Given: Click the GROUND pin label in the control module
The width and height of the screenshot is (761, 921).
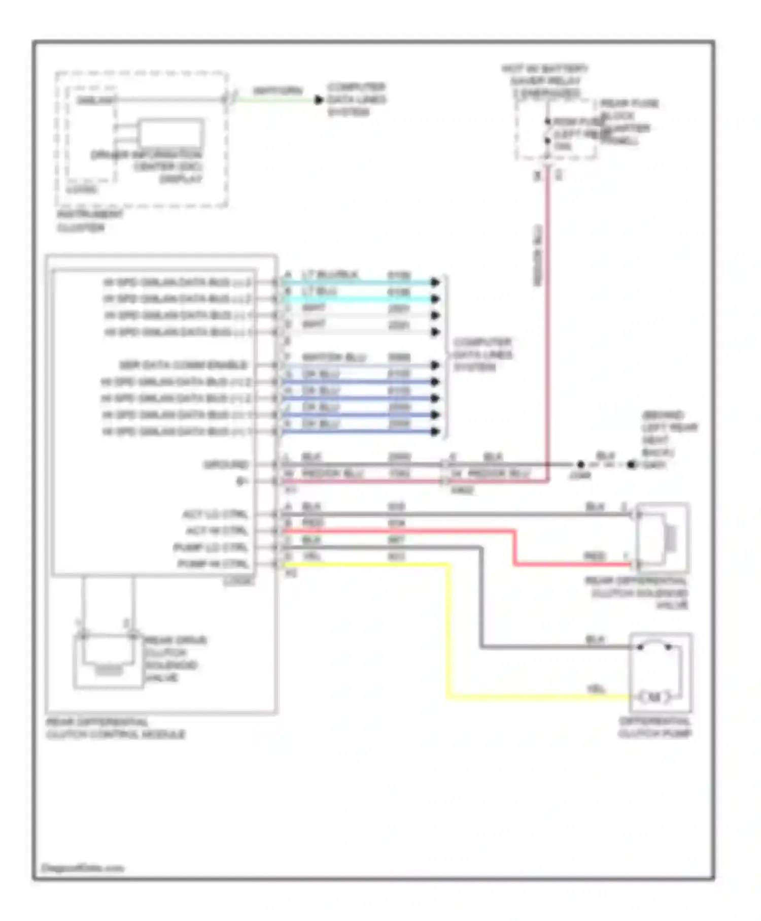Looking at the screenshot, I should point(226,465).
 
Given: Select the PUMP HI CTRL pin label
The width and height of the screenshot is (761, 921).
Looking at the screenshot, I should point(213,564).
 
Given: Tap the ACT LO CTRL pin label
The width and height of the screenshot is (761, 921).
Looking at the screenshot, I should point(215,514).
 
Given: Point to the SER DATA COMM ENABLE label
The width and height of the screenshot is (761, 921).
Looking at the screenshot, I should point(183,365).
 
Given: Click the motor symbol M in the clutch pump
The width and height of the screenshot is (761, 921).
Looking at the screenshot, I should point(654,697).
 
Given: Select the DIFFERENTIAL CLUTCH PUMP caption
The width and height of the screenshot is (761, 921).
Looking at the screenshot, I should point(654,727).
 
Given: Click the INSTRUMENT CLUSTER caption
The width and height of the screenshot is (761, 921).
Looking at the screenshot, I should point(89,221).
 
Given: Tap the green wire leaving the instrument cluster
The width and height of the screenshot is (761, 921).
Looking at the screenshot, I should point(274,100).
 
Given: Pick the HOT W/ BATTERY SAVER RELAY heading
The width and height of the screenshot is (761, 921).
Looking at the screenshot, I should point(545,81).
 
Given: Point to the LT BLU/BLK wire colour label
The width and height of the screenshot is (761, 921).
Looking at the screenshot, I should point(330,275).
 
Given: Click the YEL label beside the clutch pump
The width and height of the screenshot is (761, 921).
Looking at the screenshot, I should point(596,689).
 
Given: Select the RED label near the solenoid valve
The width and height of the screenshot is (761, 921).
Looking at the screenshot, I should point(595,556).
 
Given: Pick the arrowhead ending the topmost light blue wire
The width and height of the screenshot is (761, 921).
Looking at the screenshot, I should point(435,282).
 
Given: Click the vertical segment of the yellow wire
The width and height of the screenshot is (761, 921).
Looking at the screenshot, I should point(448,630).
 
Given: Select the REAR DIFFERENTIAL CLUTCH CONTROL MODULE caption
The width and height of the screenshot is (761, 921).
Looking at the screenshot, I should point(116,728).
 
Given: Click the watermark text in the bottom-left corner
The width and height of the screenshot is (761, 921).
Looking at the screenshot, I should point(82,868).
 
